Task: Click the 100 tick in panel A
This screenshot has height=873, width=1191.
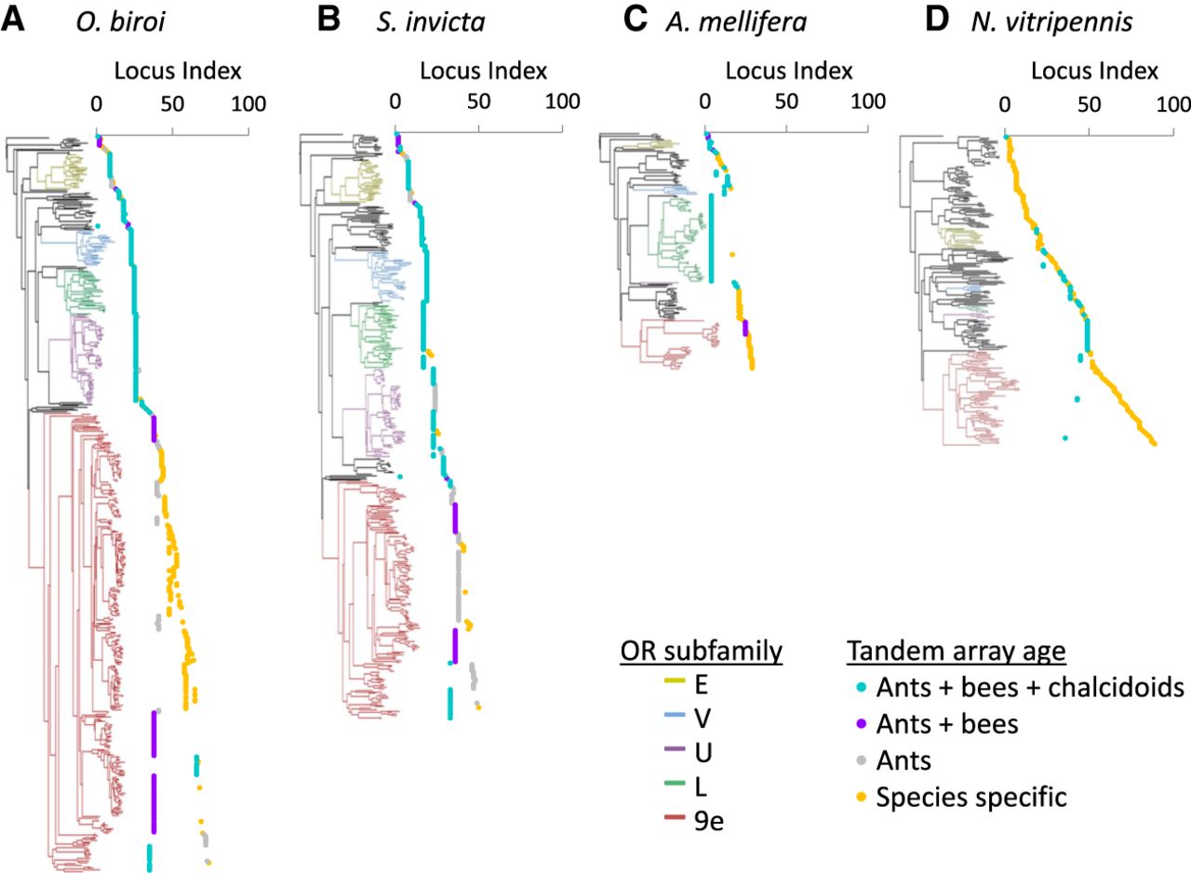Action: tap(248, 103)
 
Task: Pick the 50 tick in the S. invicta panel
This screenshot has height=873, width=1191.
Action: tap(478, 101)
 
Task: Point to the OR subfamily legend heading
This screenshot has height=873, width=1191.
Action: tap(702, 652)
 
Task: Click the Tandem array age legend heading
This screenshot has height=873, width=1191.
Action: tap(956, 652)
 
